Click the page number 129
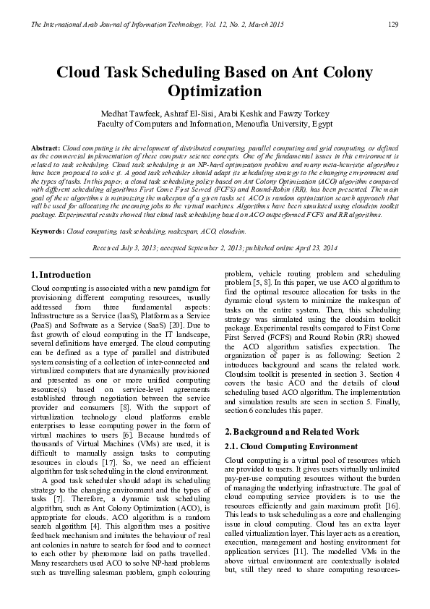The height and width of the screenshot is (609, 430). [394, 25]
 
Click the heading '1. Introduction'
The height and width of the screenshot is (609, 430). [61, 276]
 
